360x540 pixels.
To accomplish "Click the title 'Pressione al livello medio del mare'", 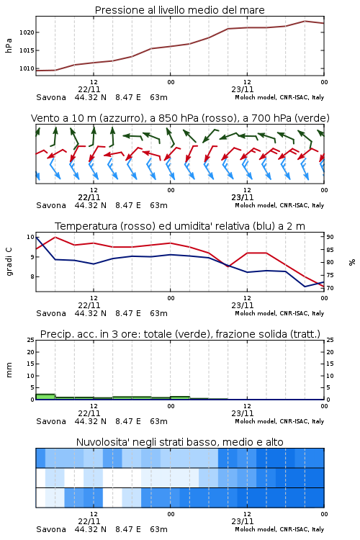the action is pos(179,10).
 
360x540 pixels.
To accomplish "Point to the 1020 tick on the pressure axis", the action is pos(27,32).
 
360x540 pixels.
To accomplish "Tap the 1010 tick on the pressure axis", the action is pos(27,68).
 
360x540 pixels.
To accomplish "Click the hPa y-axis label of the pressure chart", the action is pos(9,45).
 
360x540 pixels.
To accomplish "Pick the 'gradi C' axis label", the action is pos(9,262).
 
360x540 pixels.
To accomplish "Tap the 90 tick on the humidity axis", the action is pos(330,237).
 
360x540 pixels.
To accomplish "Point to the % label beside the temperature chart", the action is pos(352,262).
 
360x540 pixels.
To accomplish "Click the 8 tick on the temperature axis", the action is pos(32,276).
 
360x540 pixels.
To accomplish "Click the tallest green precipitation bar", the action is pos(45,397).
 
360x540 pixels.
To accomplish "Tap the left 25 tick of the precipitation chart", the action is pos(31,340).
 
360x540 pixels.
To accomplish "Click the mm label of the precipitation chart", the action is pos(9,370).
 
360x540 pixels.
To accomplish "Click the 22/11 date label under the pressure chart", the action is pos(89,89).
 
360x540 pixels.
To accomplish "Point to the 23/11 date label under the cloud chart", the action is pos(243,521).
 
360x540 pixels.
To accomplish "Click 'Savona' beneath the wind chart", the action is pos(51,205).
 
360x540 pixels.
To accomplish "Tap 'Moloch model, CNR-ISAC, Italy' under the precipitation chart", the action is pos(279,421).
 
